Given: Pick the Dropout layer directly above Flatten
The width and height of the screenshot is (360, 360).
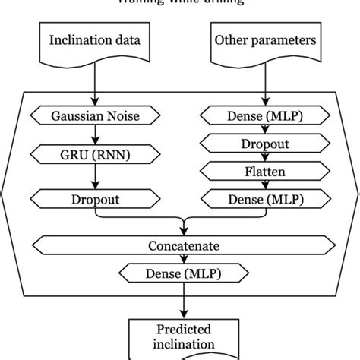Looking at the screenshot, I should (264, 142).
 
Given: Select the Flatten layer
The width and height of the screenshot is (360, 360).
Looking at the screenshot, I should (264, 171).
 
